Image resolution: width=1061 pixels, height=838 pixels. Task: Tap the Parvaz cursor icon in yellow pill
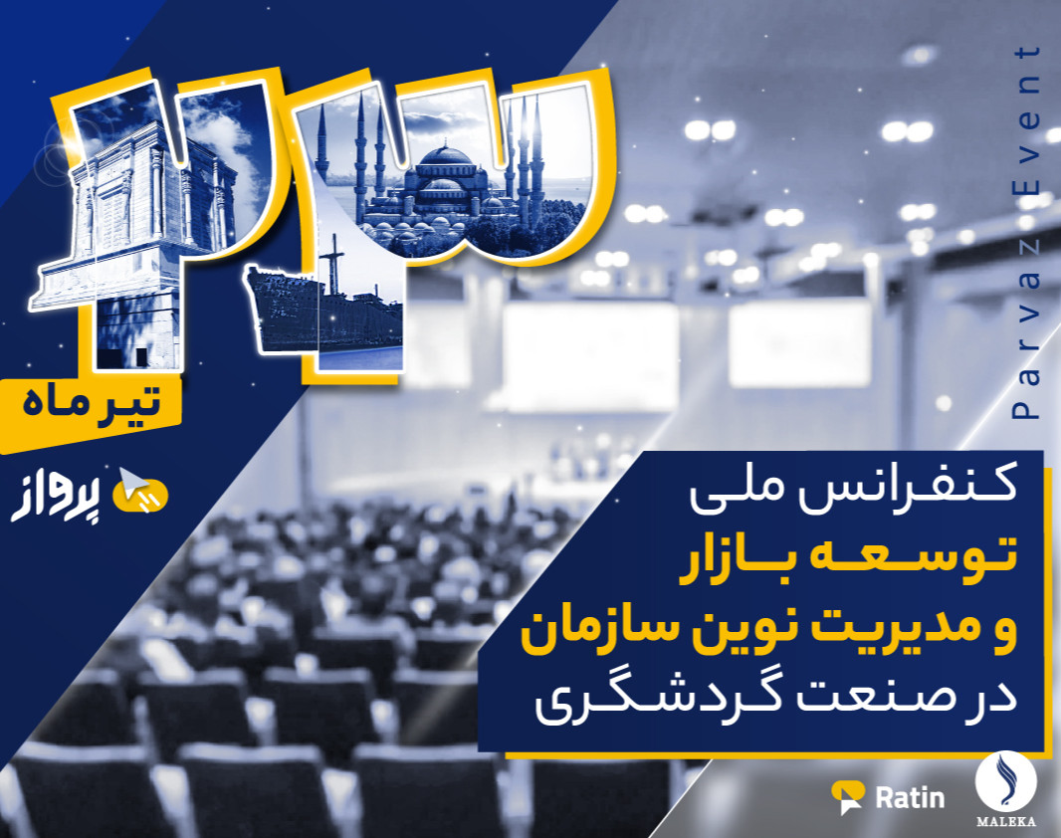point(140,493)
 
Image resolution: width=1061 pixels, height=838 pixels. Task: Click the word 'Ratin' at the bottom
point(910,796)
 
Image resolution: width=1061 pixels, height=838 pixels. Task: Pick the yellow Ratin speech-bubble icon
point(849,797)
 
